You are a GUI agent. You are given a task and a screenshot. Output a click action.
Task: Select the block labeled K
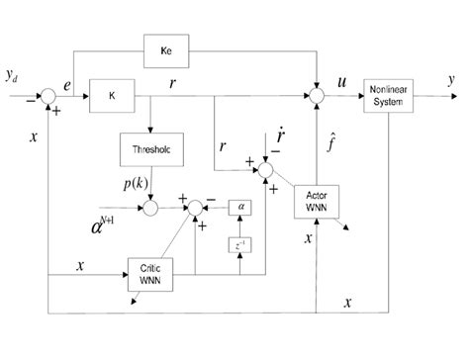(x=111, y=98)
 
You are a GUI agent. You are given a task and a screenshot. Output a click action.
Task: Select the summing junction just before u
(x=314, y=98)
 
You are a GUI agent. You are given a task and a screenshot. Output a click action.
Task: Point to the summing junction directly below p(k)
(x=149, y=208)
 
